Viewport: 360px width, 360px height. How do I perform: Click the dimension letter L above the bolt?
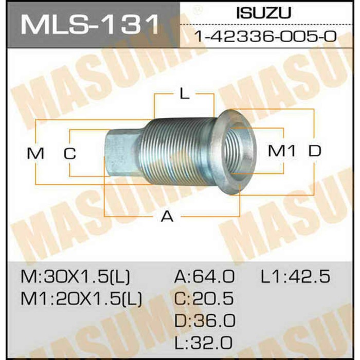(x=184, y=94)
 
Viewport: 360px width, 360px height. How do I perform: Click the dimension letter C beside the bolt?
(x=70, y=153)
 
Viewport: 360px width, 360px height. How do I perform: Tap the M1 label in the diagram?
(x=283, y=151)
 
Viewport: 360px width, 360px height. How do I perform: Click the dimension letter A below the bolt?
(x=167, y=217)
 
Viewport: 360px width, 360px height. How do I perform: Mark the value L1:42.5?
(x=295, y=277)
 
